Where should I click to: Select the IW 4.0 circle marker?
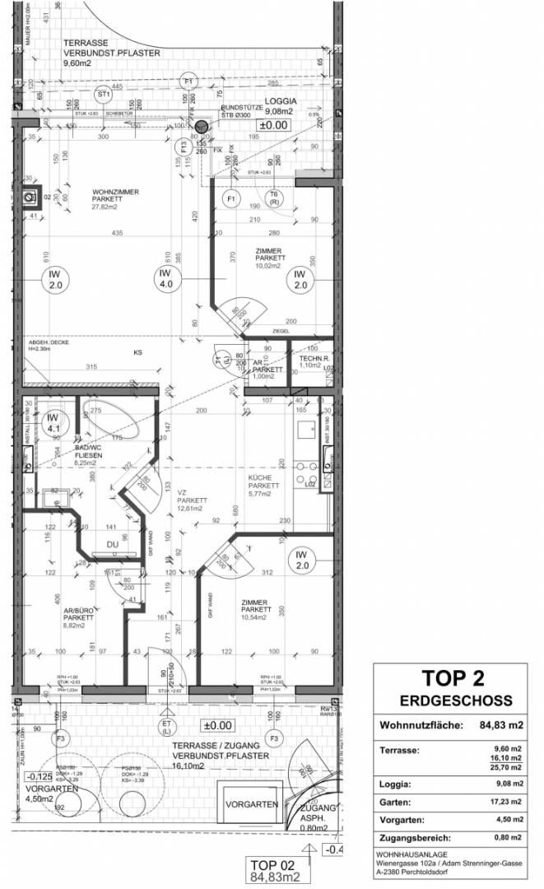165,278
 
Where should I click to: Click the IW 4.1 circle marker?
55,422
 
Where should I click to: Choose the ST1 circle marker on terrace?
103,93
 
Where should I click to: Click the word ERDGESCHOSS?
455,701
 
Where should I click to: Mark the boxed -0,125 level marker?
40,776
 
